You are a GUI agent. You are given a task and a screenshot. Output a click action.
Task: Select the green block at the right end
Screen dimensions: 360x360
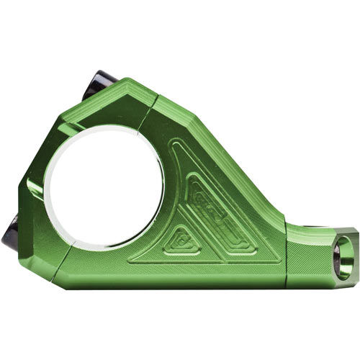click(317, 256)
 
